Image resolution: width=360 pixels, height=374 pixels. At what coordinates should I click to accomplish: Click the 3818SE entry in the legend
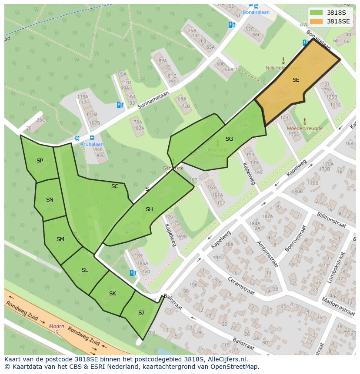click(x=338, y=21)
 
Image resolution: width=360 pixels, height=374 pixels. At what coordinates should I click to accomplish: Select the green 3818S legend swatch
click(x=317, y=13)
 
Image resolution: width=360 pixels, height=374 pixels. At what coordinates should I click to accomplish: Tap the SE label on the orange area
click(x=296, y=80)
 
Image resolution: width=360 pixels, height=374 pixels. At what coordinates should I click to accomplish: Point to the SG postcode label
click(x=229, y=139)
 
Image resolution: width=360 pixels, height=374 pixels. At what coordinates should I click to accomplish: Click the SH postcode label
click(x=149, y=209)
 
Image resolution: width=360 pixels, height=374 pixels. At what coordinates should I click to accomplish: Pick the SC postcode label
click(x=115, y=186)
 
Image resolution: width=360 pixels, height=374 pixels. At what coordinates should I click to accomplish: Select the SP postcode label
click(x=40, y=161)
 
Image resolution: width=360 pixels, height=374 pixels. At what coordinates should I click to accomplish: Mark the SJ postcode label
click(x=141, y=313)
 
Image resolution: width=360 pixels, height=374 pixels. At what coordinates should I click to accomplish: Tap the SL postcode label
click(x=85, y=270)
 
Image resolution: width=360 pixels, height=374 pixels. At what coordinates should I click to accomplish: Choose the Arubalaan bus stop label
click(x=91, y=144)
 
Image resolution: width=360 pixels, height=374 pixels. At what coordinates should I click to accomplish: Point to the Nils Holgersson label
click(x=283, y=68)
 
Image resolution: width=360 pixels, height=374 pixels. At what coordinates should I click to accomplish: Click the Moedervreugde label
click(x=304, y=129)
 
